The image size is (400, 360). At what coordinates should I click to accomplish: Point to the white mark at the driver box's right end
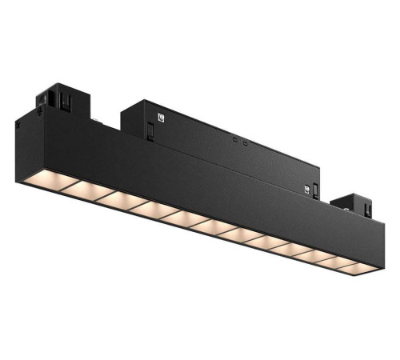pyautogui.click(x=305, y=188)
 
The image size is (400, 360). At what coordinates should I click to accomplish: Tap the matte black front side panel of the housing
pyautogui.click(x=200, y=184)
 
